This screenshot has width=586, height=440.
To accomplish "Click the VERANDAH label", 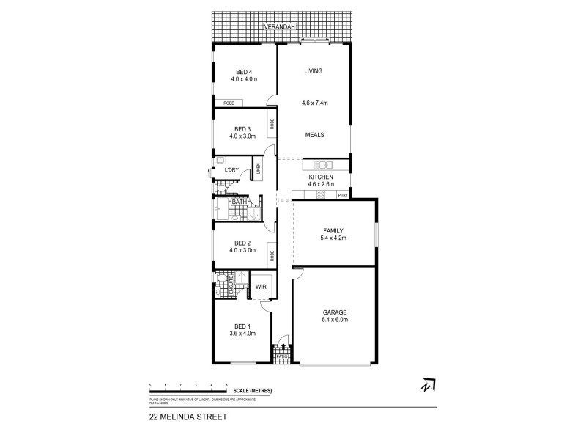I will click(281, 26).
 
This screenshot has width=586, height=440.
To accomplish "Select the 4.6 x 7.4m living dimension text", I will click(314, 103).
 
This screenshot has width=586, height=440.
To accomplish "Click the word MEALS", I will click(314, 135).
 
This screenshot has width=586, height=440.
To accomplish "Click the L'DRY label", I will click(231, 170).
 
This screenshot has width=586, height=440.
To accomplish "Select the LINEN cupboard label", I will click(259, 169).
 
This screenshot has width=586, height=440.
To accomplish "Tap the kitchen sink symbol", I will click(323, 164).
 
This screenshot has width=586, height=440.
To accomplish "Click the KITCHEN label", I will click(321, 177).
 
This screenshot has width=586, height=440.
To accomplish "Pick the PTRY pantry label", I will click(342, 194).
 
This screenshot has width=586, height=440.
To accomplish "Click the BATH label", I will click(239, 202).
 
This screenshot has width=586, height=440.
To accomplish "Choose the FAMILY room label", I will click(333, 230).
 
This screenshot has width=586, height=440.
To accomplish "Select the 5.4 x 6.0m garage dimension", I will click(334, 320).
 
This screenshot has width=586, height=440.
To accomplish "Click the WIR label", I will click(260, 287).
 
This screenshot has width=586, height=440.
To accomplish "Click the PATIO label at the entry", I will click(283, 357).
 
